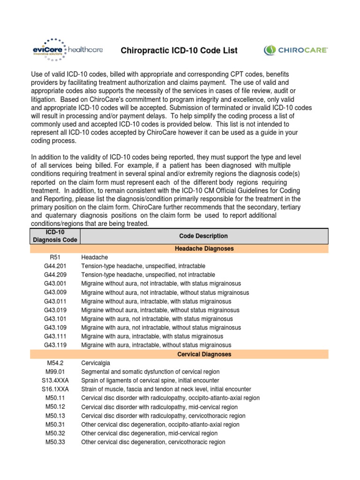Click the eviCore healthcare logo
tap(67, 50)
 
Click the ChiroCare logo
tap(296, 50)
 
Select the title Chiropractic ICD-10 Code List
tap(180, 50)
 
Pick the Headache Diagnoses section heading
tap(204, 248)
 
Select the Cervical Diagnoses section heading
tap(204, 354)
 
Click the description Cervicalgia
tap(97, 363)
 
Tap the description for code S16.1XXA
tap(166, 390)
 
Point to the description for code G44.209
tap(148, 275)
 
